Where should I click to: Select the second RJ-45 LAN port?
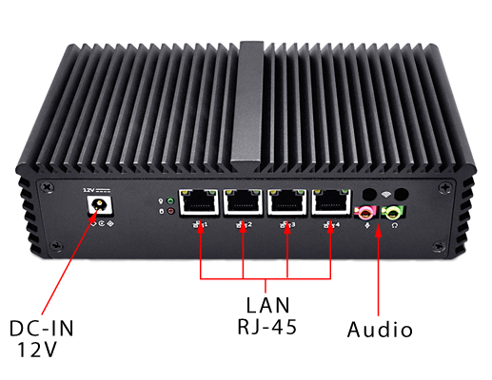pos(244,202)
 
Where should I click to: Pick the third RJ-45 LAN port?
pos(287,202)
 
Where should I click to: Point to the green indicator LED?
pos(169,200)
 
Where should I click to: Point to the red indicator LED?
pos(169,211)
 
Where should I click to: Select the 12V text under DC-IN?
pos(37,350)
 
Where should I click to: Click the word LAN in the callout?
pos(266,306)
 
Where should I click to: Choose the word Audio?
pos(380,331)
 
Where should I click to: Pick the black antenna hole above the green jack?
pos(401,194)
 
